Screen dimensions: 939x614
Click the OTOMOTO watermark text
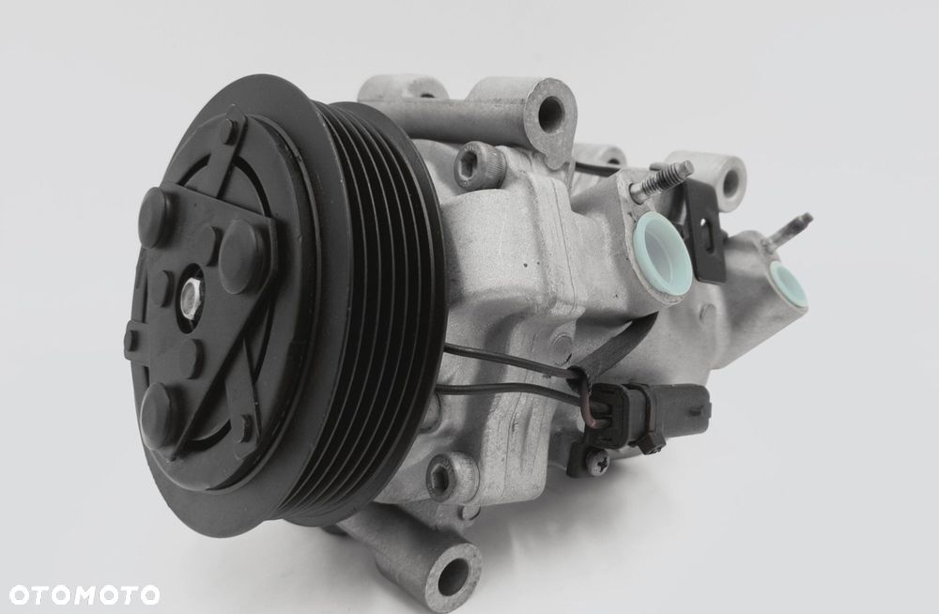85,595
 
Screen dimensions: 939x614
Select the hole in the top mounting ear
550,113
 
